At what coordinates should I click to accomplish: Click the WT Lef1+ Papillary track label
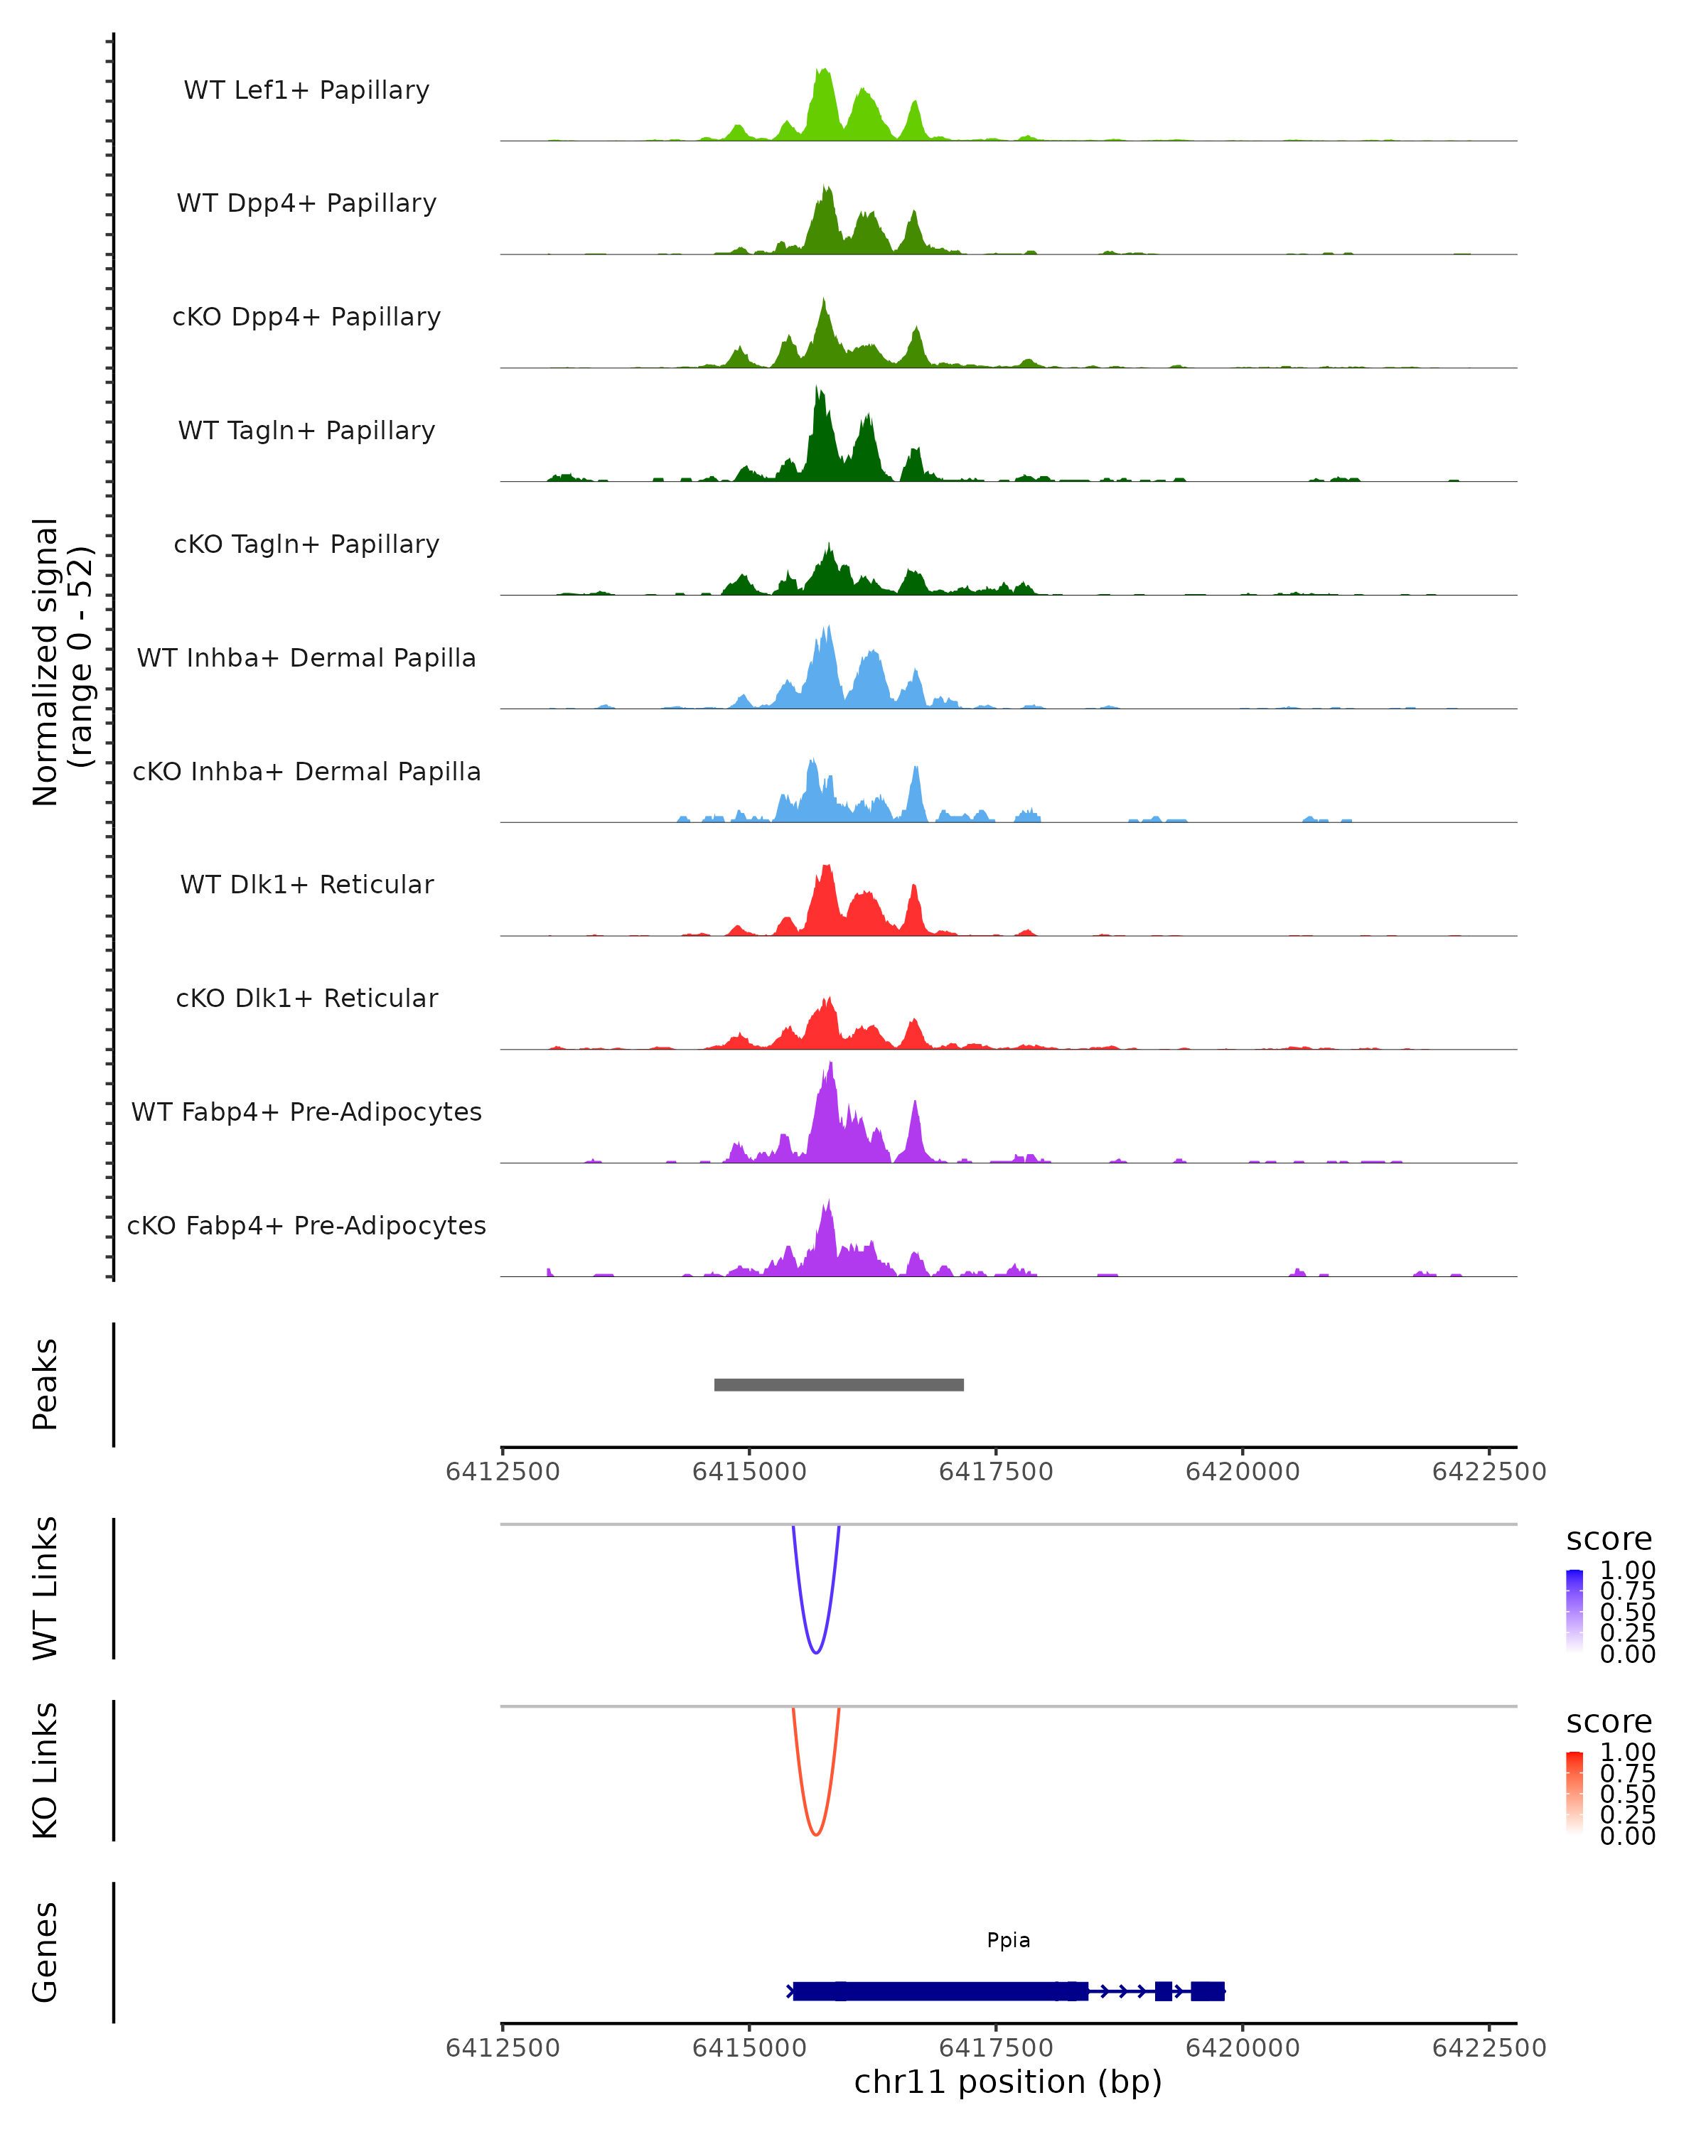(306, 90)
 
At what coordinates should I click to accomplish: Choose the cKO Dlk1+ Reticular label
(306, 998)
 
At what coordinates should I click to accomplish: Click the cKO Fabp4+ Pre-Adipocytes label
(306, 1225)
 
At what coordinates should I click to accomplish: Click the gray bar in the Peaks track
(839, 1384)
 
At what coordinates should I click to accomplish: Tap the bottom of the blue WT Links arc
(816, 1652)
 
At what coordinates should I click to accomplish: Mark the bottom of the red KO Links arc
(816, 1834)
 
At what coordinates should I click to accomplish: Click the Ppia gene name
(1008, 1940)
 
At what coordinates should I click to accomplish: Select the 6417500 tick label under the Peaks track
(996, 1472)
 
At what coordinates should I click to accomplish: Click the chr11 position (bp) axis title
(1008, 2082)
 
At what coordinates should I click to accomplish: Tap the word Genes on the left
(45, 1952)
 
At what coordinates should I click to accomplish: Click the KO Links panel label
(45, 1770)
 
